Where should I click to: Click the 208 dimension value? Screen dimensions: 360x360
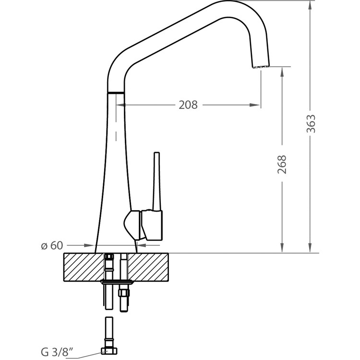(x=188, y=105)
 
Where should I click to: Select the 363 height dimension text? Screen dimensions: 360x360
(x=311, y=124)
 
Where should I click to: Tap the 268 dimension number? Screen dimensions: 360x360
(x=282, y=164)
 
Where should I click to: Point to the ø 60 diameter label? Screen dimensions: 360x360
(x=52, y=245)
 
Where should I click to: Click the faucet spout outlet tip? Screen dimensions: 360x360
(x=261, y=67)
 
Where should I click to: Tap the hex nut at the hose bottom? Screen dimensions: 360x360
(x=109, y=351)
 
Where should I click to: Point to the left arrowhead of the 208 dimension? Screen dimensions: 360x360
(x=121, y=105)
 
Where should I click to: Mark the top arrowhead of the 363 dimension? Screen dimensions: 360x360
(x=310, y=5)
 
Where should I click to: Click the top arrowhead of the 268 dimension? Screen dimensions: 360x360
(x=282, y=72)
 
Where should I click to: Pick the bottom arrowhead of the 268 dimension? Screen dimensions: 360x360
(x=282, y=248)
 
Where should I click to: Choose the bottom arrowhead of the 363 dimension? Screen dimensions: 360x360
(x=310, y=248)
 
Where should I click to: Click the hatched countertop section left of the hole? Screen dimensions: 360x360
(x=84, y=267)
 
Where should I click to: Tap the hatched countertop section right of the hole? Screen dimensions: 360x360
(x=148, y=267)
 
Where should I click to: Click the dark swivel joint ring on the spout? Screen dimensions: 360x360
(x=116, y=93)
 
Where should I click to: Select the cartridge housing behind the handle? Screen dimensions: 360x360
(x=132, y=225)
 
